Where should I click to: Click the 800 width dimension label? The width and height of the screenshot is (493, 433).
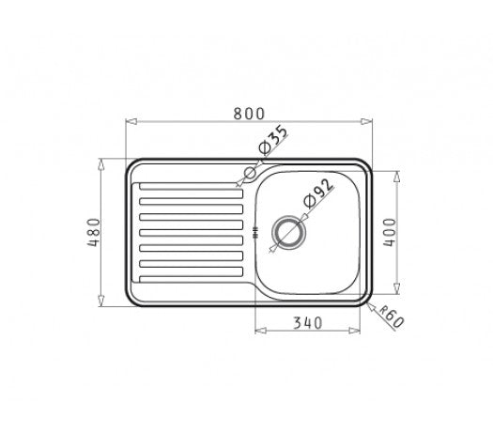point(249,114)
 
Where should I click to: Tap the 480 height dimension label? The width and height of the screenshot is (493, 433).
point(94,232)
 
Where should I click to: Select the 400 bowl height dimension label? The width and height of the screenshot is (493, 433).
point(390,232)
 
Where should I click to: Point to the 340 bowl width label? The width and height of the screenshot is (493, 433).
point(307,322)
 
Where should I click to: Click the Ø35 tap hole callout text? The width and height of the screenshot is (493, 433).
point(272,140)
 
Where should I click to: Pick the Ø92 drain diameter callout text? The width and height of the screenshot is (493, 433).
point(318,193)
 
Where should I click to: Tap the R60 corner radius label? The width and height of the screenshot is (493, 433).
point(391,317)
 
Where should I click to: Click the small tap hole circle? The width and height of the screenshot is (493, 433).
point(251,173)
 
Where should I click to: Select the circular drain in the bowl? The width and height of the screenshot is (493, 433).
point(288,232)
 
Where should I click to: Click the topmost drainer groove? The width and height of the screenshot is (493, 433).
point(192,186)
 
